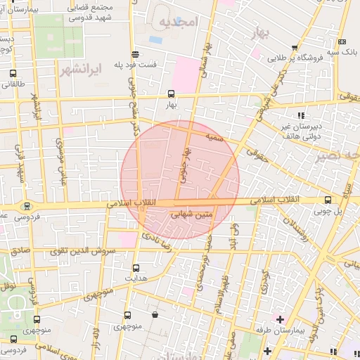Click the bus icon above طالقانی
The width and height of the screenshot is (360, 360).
tap(13, 73)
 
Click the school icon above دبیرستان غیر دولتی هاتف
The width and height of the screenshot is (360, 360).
tap(301, 115)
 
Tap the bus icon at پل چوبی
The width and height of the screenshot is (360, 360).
tap(328, 200)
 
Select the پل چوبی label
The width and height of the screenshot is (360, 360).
tap(333, 211)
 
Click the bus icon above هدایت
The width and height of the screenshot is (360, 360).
tap(136, 268)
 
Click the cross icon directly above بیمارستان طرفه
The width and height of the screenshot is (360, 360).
tap(280, 320)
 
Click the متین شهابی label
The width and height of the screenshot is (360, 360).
tap(184, 219)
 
